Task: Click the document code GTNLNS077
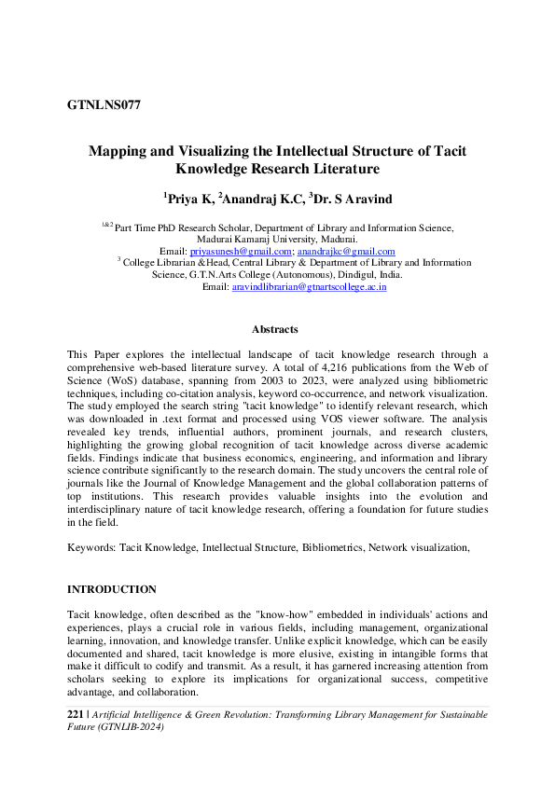[x=104, y=104]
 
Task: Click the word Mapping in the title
[x=117, y=151]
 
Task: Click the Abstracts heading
[x=275, y=329]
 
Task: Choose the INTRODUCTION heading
[x=112, y=590]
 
